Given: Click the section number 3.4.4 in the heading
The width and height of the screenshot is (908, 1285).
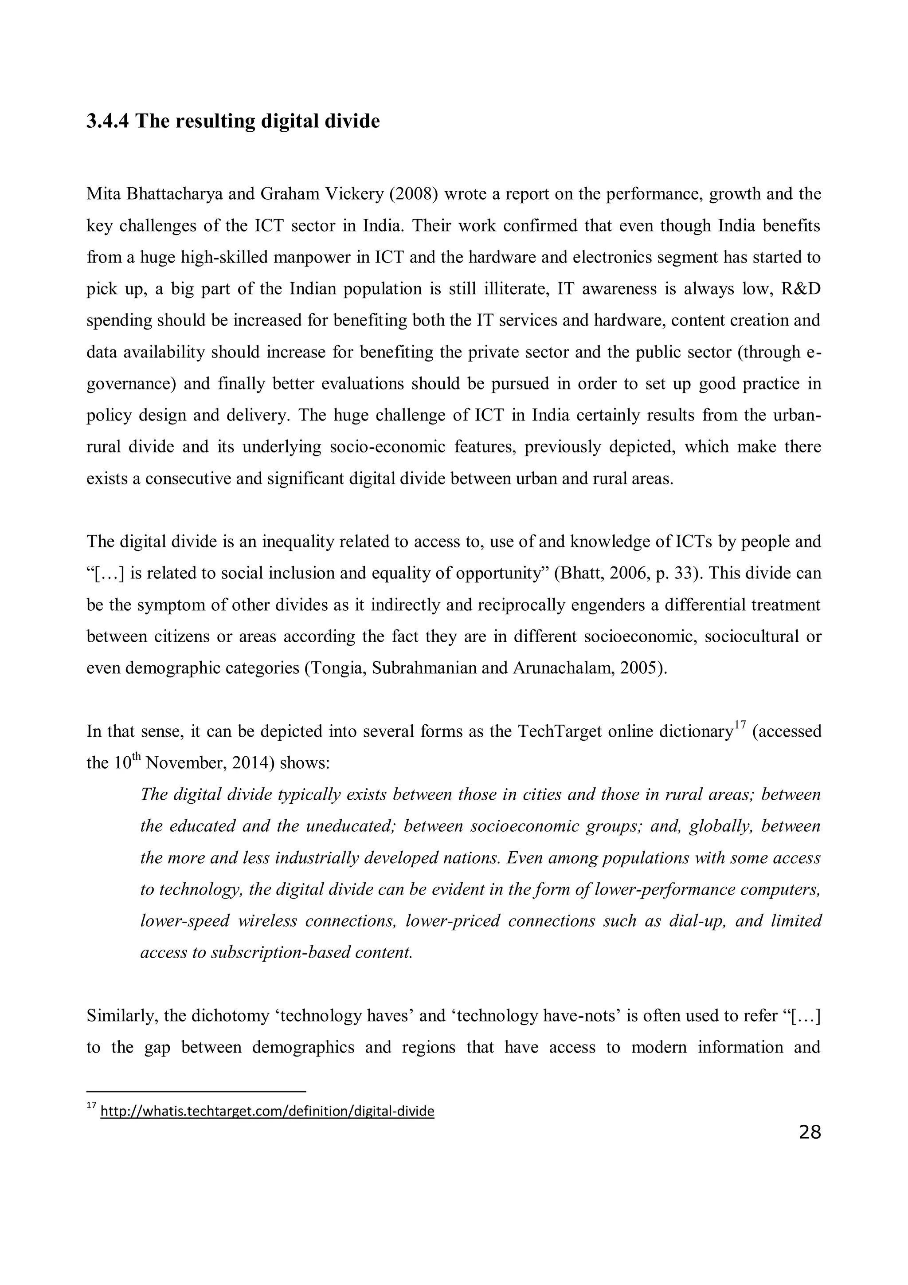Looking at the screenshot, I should click(107, 121).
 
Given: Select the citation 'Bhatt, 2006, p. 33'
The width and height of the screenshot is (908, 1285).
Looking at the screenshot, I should click(630, 574).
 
